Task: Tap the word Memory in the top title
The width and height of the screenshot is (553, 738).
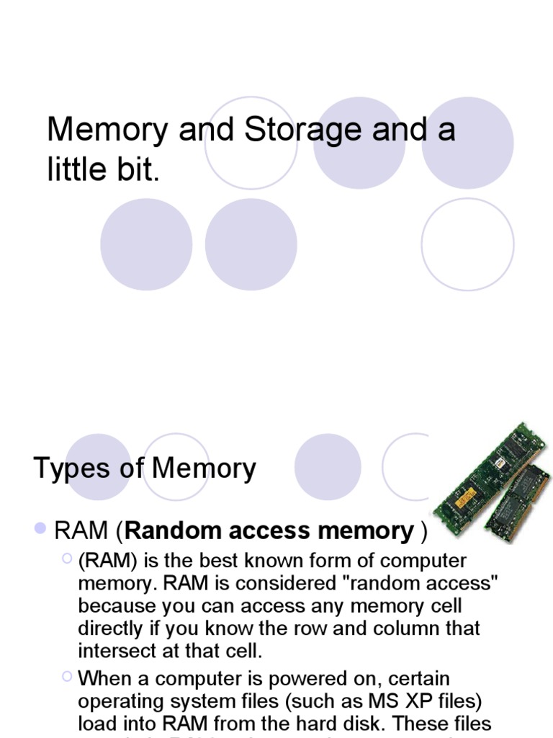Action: click(103, 130)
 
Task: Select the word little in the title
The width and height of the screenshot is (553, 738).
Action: click(78, 172)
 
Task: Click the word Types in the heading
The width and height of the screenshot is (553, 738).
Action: click(70, 468)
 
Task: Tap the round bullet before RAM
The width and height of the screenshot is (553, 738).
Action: click(41, 530)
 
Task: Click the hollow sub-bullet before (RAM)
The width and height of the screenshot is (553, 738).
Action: click(67, 557)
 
